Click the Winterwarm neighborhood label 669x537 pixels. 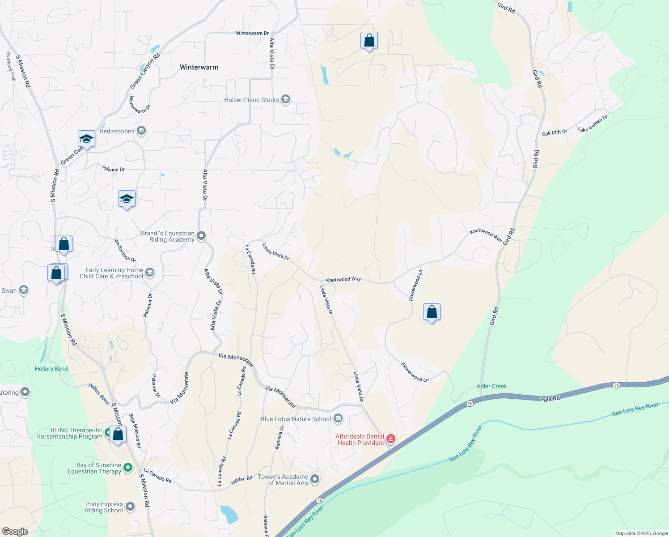pyautogui.click(x=199, y=67)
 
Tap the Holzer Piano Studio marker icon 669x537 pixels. pyautogui.click(x=286, y=100)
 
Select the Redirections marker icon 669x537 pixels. pyautogui.click(x=141, y=131)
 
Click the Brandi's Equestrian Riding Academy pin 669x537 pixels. pyautogui.click(x=201, y=235)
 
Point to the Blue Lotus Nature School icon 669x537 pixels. pyautogui.click(x=338, y=419)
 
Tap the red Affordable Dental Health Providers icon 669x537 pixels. pyautogui.click(x=391, y=439)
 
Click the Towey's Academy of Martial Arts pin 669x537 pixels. pyautogui.click(x=315, y=479)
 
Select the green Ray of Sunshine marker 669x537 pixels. pyautogui.click(x=128, y=468)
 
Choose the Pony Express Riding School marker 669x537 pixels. pyautogui.click(x=130, y=507)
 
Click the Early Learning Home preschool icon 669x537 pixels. pyautogui.click(x=150, y=273)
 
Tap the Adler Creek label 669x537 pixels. pyautogui.click(x=492, y=386)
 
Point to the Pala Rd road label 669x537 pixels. pyautogui.click(x=550, y=399)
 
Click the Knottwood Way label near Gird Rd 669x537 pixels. pyautogui.click(x=486, y=234)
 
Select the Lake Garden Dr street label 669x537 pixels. pyautogui.click(x=593, y=124)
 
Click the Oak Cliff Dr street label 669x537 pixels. pyautogui.click(x=554, y=132)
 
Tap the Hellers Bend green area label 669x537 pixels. pyautogui.click(x=51, y=369)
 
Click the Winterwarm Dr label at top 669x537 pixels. pyautogui.click(x=252, y=33)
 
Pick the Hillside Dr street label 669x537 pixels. pyautogui.click(x=114, y=169)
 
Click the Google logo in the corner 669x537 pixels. pyautogui.click(x=15, y=531)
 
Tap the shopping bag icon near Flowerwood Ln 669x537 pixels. pyautogui.click(x=432, y=312)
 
